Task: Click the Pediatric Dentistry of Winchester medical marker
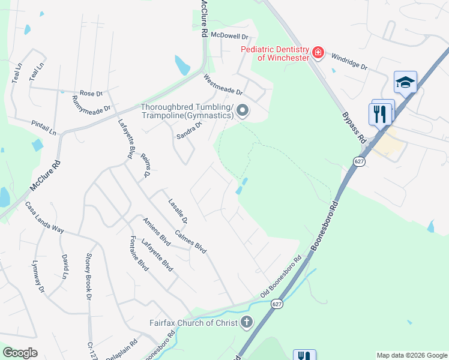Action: click(318, 53)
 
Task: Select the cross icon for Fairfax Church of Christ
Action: click(246, 323)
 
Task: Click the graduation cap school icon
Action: click(405, 82)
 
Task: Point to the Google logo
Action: click(20, 353)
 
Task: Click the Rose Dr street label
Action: click(91, 94)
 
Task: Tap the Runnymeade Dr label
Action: click(92, 104)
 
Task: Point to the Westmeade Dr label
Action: click(223, 85)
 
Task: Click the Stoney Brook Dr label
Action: click(88, 276)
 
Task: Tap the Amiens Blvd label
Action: click(157, 232)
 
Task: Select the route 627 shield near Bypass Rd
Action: click(358, 161)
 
